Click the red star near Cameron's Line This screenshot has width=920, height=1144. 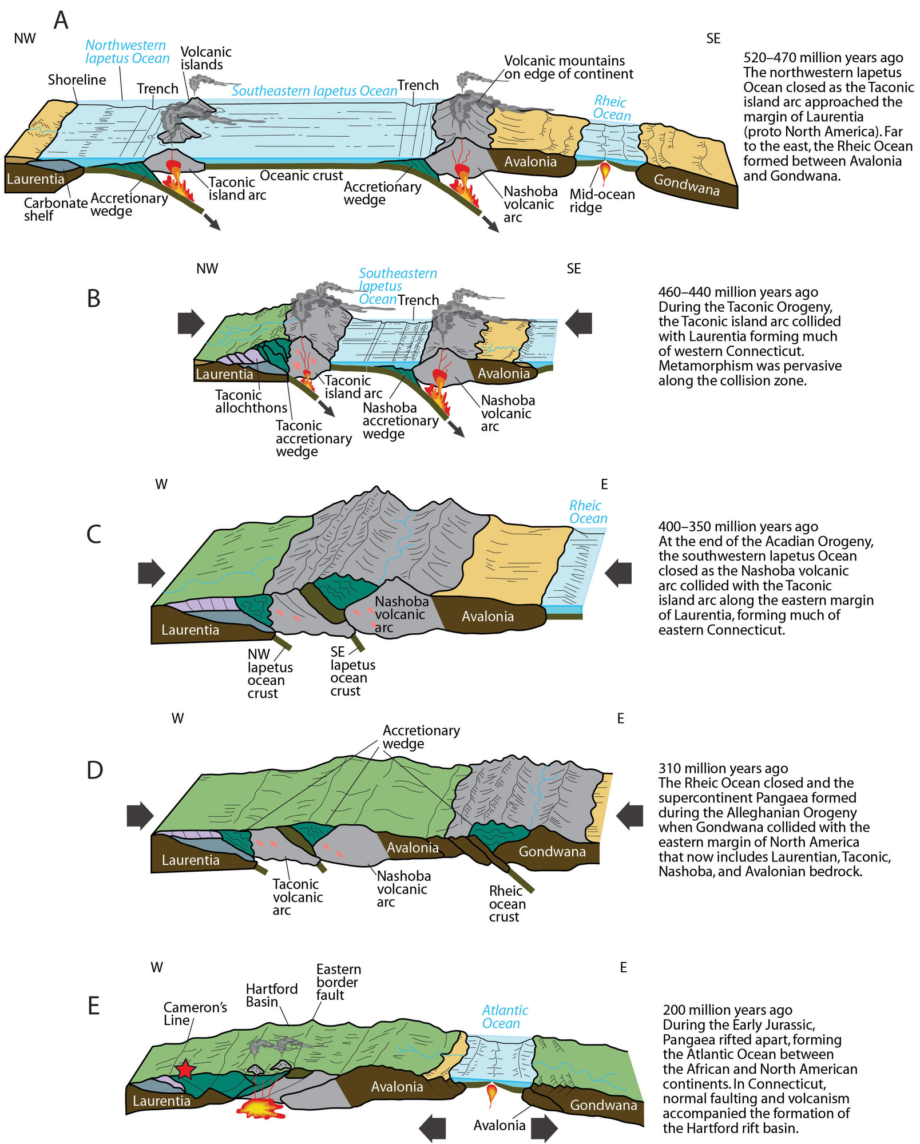[x=185, y=1069]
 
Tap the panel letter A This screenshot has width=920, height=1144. [x=61, y=20]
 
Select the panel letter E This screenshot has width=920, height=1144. [x=94, y=1006]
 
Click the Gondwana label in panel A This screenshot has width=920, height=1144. [x=687, y=184]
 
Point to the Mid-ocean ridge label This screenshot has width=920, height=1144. [x=602, y=201]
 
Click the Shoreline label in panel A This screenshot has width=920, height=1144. [x=77, y=80]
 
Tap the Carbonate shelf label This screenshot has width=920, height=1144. [x=55, y=209]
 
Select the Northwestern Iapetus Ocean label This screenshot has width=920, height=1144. [x=127, y=51]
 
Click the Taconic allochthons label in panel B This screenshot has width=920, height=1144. [x=251, y=402]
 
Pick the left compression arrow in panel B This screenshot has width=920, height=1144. [x=191, y=323]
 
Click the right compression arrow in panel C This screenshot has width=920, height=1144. [x=618, y=573]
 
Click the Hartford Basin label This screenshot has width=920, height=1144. [x=272, y=995]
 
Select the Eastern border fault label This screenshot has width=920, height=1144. [x=339, y=982]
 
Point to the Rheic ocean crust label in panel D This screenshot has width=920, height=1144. [x=507, y=904]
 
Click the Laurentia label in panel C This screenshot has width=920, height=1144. [x=190, y=630]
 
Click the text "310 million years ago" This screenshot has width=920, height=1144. [x=723, y=768]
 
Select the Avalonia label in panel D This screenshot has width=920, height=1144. [x=413, y=848]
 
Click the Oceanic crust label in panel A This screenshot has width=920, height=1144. [x=302, y=176]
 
